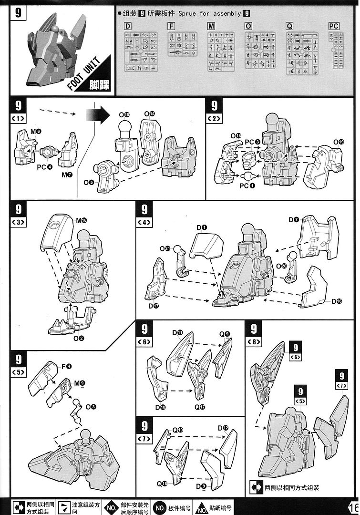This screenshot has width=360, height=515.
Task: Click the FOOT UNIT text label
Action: click(83, 73)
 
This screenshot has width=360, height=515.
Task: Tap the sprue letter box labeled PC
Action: click(333, 26)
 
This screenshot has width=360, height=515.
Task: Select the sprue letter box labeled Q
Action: click(289, 26)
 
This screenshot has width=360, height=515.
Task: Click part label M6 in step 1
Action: click(36, 131)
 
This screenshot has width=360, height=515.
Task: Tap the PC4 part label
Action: click(43, 167)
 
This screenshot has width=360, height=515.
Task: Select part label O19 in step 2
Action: click(339, 142)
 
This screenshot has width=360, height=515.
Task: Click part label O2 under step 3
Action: click(79, 338)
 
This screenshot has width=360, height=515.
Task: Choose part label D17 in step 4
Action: click(153, 306)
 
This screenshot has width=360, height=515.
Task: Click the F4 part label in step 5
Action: click(66, 366)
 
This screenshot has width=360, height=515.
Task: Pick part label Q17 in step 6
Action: click(200, 407)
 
